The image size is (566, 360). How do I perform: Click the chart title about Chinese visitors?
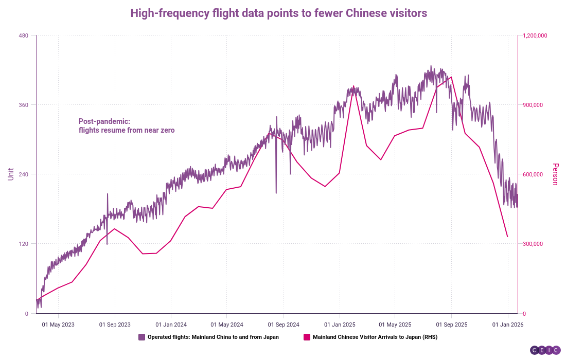tap(278, 13)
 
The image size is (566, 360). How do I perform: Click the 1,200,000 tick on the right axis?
tap(535, 35)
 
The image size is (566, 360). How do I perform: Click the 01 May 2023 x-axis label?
tap(58, 325)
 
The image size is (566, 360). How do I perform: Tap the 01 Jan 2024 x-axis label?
tap(171, 325)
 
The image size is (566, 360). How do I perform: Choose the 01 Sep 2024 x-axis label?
tap(283, 325)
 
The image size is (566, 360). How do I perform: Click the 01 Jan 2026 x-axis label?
tap(508, 325)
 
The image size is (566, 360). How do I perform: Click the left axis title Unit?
tap(10, 174)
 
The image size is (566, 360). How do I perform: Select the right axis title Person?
tap(555, 174)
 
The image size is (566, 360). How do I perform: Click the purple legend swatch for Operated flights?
tap(141, 337)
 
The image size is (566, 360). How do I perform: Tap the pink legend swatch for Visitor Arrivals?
tap(307, 337)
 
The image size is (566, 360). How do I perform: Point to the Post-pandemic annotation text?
tap(127, 126)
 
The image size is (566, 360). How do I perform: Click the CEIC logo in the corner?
tap(545, 350)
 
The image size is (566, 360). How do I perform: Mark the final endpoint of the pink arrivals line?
tap(508, 237)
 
